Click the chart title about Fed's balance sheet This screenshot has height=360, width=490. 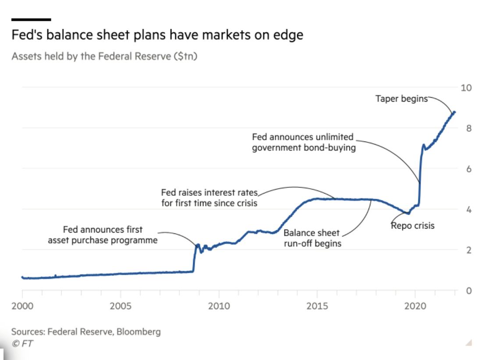coord(157,35)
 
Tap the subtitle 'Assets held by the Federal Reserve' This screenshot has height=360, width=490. coord(104,56)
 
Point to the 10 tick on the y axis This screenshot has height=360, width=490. coord(466,88)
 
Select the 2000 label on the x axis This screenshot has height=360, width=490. coord(22,305)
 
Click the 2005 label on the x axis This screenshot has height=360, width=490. coord(121,305)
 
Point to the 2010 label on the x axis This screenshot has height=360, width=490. coord(219,305)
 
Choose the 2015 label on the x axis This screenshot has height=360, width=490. coord(317,305)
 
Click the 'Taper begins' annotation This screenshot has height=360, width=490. coord(401,99)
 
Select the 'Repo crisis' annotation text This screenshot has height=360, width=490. coord(412,226)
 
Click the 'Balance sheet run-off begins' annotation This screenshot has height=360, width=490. coord(312,238)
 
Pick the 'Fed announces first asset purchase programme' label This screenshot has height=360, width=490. coord(103,235)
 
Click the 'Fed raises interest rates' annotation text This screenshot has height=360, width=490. coord(209,198)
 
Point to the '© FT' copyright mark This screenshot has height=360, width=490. coord(22,343)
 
